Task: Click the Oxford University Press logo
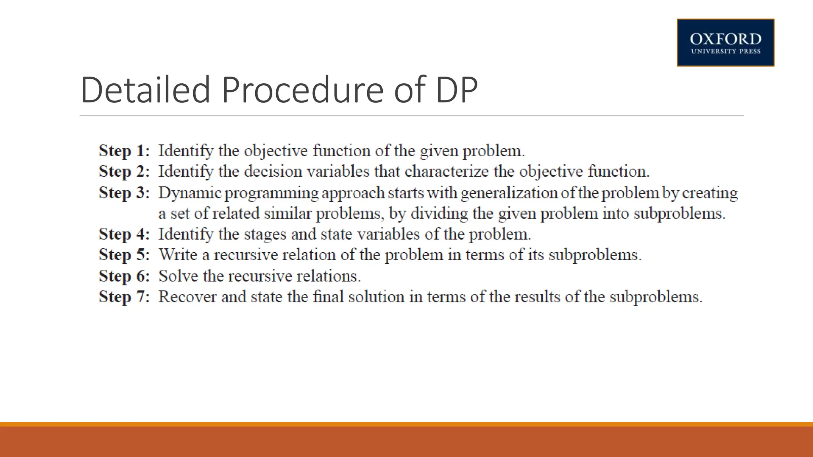click(725, 42)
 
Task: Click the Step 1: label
click(124, 151)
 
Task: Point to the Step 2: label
click(124, 171)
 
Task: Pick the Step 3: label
click(124, 193)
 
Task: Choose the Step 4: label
click(124, 234)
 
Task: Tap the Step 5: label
click(124, 255)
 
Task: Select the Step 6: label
click(124, 276)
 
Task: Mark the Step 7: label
click(124, 297)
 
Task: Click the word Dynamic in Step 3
click(190, 193)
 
